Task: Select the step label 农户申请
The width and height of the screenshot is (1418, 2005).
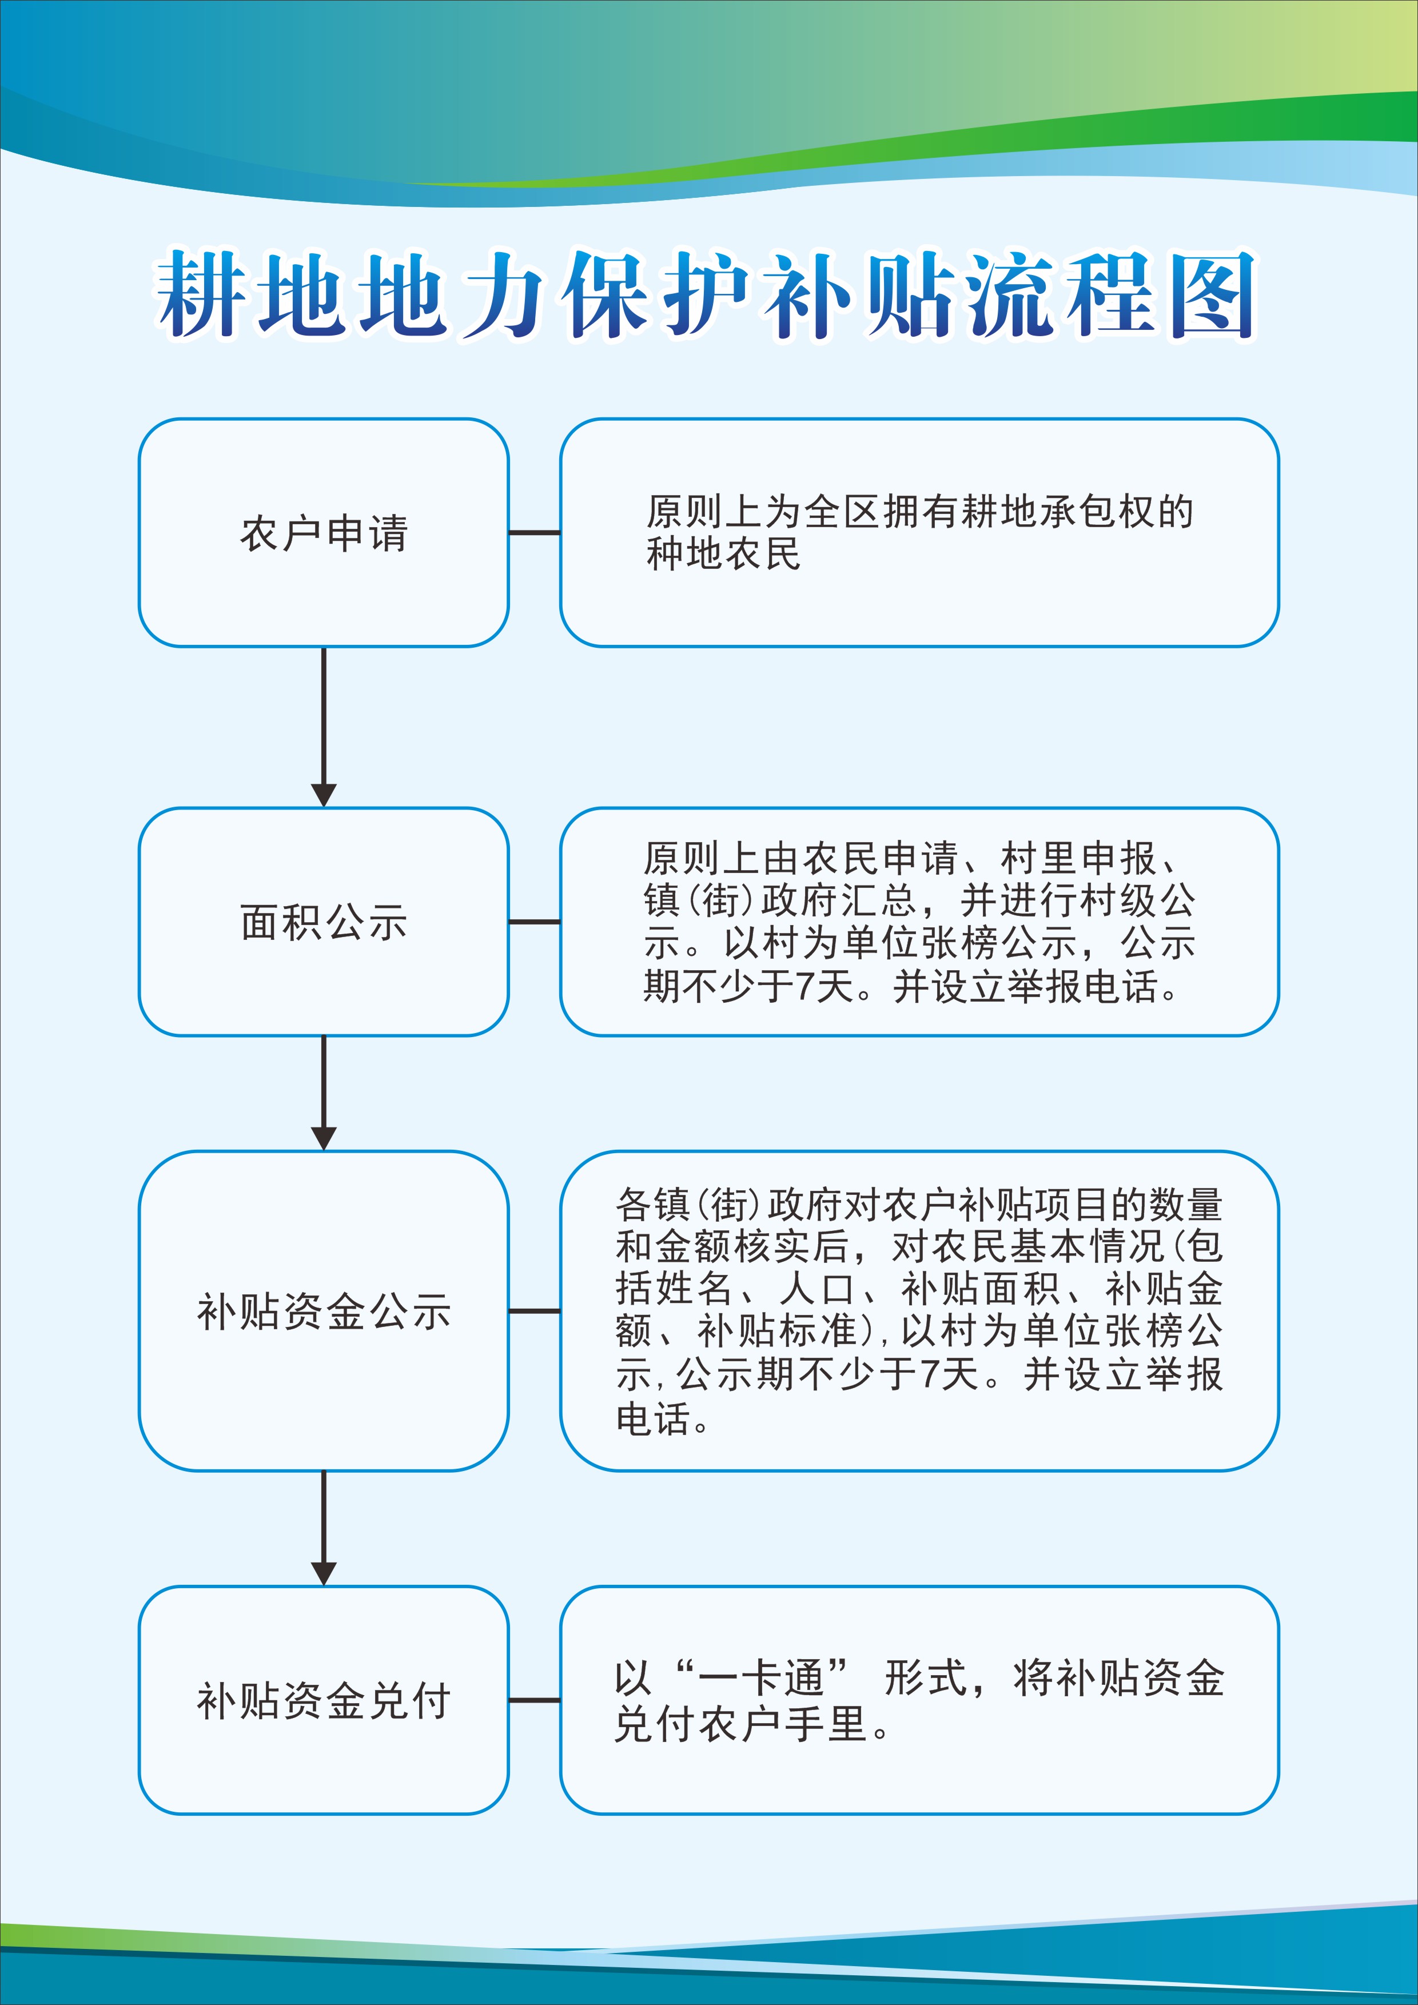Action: pyautogui.click(x=324, y=533)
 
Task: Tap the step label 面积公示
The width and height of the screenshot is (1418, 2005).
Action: pyautogui.click(x=324, y=922)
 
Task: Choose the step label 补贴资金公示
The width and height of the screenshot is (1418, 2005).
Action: pyautogui.click(x=324, y=1312)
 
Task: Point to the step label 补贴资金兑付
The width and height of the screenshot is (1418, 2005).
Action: pyautogui.click(x=324, y=1700)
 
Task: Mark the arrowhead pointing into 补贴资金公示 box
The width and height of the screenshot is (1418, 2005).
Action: pyautogui.click(x=324, y=1137)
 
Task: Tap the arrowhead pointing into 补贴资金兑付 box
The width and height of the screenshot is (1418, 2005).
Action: pyautogui.click(x=324, y=1573)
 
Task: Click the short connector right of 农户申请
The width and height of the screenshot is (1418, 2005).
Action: pyautogui.click(x=535, y=533)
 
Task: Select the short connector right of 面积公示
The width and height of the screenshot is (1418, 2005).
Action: pyautogui.click(x=535, y=921)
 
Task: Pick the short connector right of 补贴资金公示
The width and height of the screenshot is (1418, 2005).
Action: pyautogui.click(x=535, y=1311)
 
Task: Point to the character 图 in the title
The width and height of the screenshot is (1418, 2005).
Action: pyautogui.click(x=1212, y=295)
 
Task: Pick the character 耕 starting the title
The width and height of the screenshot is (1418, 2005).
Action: pyautogui.click(x=200, y=295)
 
